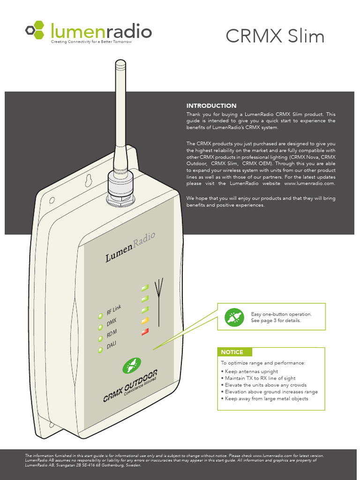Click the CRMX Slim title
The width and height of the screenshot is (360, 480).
click(x=275, y=36)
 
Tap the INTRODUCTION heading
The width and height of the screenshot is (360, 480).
click(x=211, y=106)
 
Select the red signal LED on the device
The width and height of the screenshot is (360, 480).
click(x=145, y=332)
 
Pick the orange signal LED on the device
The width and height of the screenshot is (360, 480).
click(x=145, y=321)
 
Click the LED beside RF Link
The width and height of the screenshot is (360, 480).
click(x=100, y=316)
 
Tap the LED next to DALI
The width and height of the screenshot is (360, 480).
click(x=100, y=350)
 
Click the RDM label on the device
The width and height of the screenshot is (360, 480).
click(x=112, y=334)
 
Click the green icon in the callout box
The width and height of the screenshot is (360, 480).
click(x=234, y=317)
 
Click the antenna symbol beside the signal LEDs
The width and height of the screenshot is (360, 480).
click(x=160, y=300)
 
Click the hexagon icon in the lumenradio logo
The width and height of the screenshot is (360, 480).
click(x=36, y=30)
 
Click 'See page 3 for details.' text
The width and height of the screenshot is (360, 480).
click(x=276, y=321)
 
